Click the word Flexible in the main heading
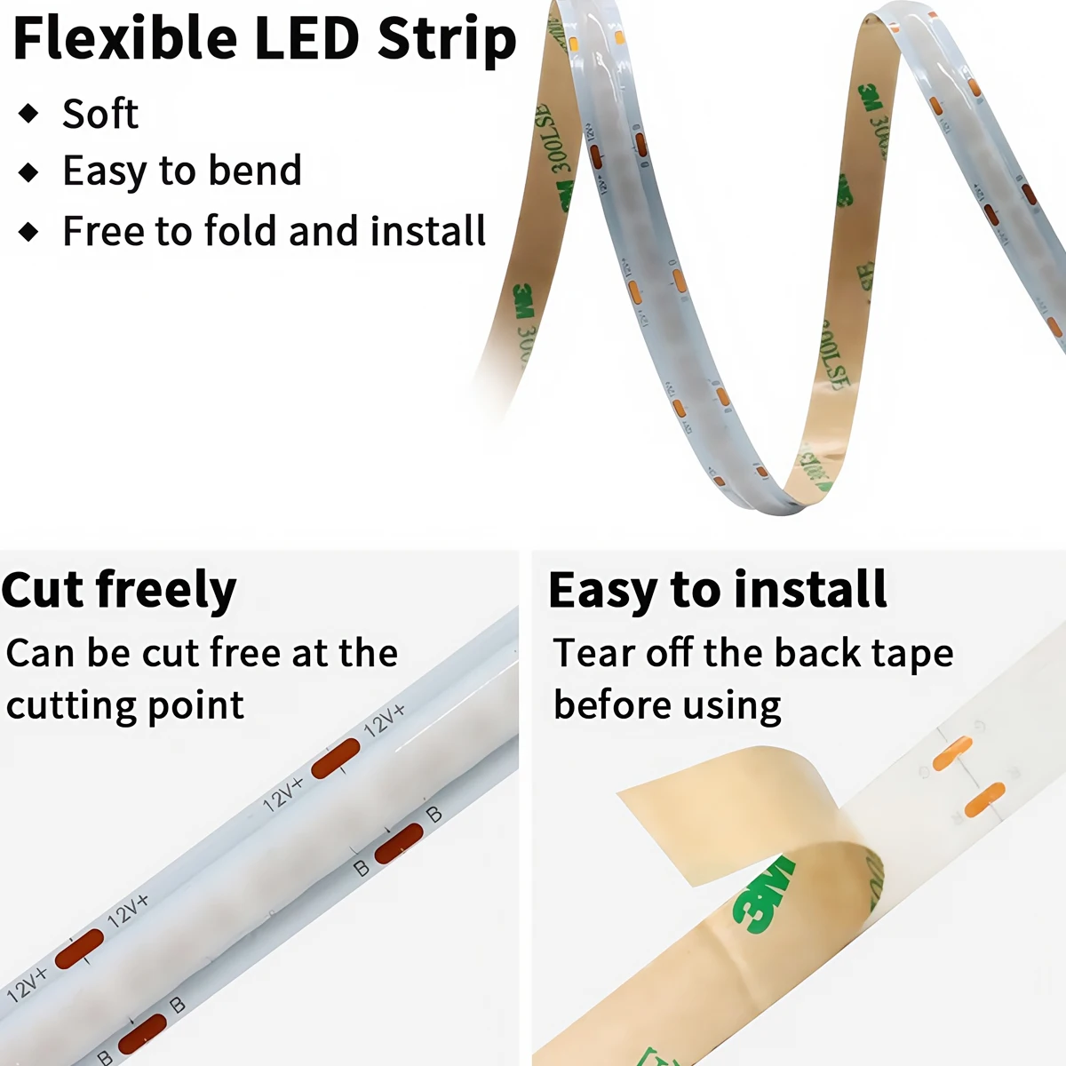125,38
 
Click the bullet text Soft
100,114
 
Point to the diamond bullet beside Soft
29,114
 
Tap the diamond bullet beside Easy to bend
29,171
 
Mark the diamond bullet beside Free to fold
29,232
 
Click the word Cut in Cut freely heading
43,590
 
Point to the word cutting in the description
61,706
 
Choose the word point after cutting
197,706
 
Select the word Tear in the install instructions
593,653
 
